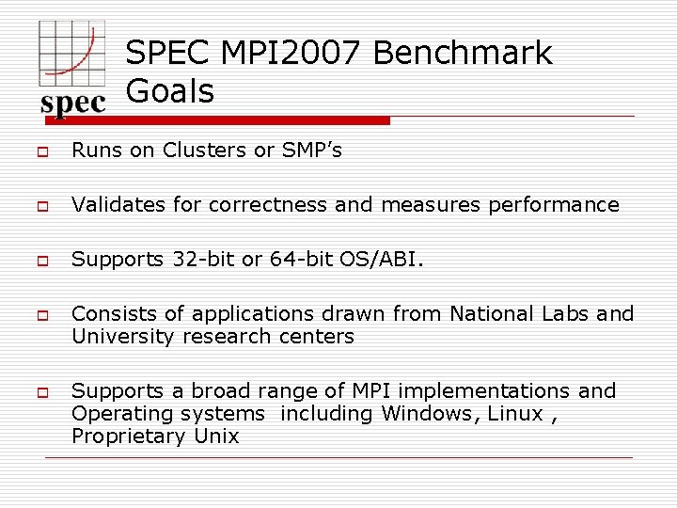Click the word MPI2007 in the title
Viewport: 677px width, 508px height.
291,53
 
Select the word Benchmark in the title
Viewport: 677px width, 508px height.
463,53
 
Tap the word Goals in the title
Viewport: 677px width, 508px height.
170,91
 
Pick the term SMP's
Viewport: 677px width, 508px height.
312,151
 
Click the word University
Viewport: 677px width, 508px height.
122,336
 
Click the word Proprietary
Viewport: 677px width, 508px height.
128,437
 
